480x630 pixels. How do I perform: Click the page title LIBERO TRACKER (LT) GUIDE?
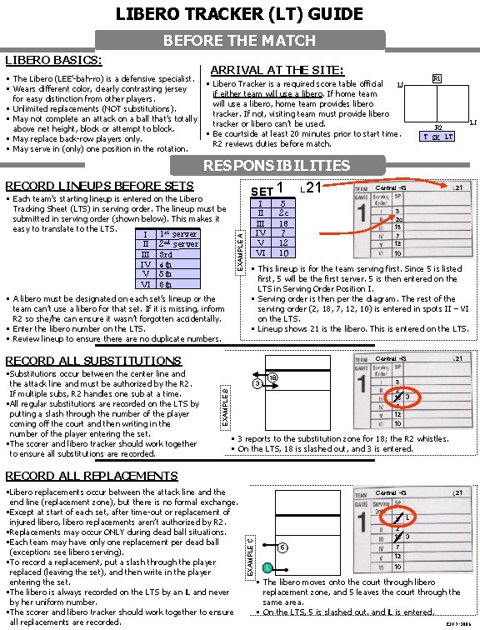[240, 13]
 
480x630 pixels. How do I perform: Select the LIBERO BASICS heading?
[53, 60]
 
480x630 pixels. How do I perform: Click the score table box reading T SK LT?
[437, 137]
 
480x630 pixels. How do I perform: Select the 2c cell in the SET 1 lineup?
[283, 213]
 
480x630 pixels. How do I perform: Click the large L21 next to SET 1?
[313, 189]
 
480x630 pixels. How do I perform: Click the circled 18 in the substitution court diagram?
[273, 377]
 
